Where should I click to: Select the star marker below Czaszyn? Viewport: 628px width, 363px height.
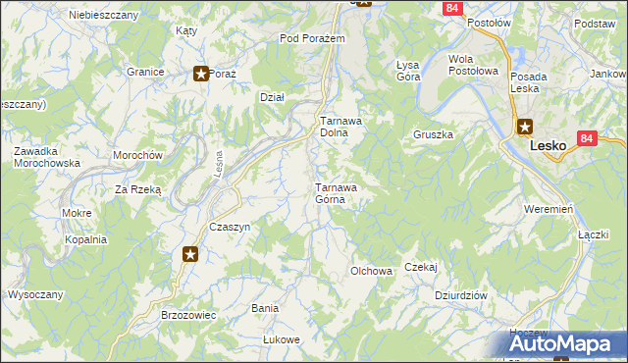(190, 255)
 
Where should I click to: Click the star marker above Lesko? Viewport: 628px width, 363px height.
(524, 126)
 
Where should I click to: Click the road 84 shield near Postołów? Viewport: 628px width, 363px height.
(451, 8)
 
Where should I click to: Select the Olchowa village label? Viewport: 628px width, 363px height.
(372, 271)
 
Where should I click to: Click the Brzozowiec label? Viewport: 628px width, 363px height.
(187, 316)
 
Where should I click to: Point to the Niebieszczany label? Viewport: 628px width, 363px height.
(101, 15)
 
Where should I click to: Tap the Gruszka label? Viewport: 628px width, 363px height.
(432, 134)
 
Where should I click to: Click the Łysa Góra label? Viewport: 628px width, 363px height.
(407, 71)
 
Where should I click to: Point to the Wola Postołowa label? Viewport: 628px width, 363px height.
(473, 65)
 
